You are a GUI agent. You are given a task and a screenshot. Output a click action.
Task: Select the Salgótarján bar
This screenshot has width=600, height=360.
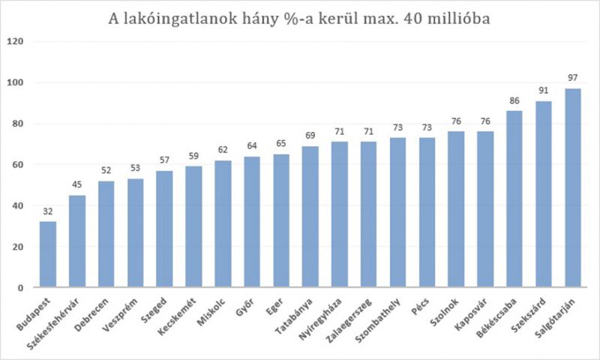574,188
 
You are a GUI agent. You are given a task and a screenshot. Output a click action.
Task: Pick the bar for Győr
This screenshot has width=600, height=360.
251,222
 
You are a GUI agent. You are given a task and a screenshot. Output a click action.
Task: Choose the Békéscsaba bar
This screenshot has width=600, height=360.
515,199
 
